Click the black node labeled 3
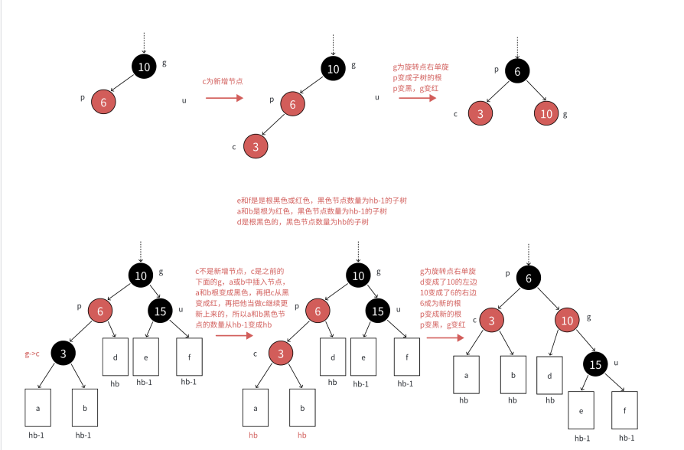tap(64, 353)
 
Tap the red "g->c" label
tap(33, 354)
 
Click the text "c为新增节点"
tap(223, 80)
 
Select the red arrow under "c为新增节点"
tap(224, 98)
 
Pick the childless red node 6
tap(103, 101)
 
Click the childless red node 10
tap(546, 113)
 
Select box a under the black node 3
tap(37, 409)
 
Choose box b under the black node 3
tap(84, 409)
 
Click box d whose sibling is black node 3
tap(115, 357)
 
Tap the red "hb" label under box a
tap(254, 435)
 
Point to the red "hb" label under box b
tap(301, 435)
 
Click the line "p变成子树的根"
tap(418, 78)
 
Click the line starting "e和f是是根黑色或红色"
tap(322, 201)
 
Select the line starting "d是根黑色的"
tap(303, 222)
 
